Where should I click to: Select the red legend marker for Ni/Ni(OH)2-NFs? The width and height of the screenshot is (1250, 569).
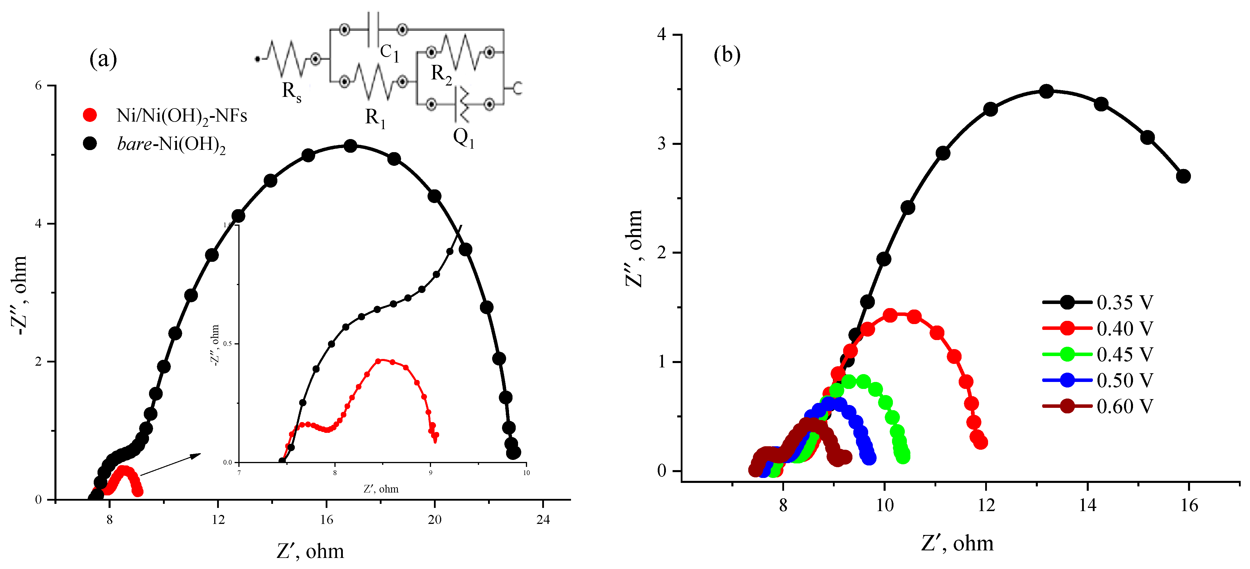tap(90, 115)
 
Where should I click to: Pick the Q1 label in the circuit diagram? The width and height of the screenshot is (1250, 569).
tap(463, 138)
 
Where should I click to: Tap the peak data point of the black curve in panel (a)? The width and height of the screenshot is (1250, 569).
tap(350, 146)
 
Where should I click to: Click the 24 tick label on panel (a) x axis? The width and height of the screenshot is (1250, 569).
tap(543, 520)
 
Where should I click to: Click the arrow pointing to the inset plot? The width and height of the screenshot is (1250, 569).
tap(170, 464)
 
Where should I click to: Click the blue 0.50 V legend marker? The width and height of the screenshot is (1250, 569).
tap(1067, 380)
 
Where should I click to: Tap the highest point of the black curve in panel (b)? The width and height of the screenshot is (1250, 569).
tap(1047, 91)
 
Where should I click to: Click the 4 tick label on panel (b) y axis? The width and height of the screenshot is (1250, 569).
tap(662, 35)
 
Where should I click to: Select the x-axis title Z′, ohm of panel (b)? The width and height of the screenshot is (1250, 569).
tap(957, 543)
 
